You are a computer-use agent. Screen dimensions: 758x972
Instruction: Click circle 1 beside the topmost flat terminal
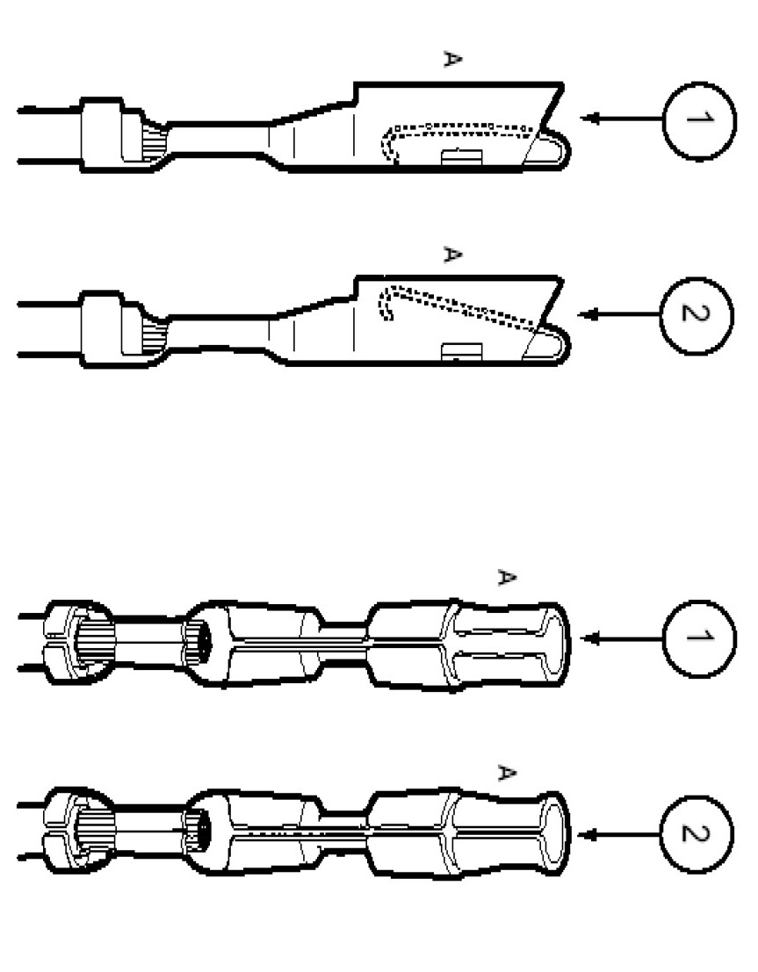[699, 119]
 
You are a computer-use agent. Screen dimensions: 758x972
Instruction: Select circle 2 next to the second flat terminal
[695, 314]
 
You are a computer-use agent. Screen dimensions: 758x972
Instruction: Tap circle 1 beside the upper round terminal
[699, 638]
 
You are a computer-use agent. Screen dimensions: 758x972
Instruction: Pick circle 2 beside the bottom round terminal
[695, 833]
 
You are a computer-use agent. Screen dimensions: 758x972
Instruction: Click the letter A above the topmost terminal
[451, 60]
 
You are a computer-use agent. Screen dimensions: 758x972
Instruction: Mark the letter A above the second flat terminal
[451, 255]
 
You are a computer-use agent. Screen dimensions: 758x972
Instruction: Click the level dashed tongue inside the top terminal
[461, 129]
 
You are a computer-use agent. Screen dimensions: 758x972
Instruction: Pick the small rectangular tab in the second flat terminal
[461, 351]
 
